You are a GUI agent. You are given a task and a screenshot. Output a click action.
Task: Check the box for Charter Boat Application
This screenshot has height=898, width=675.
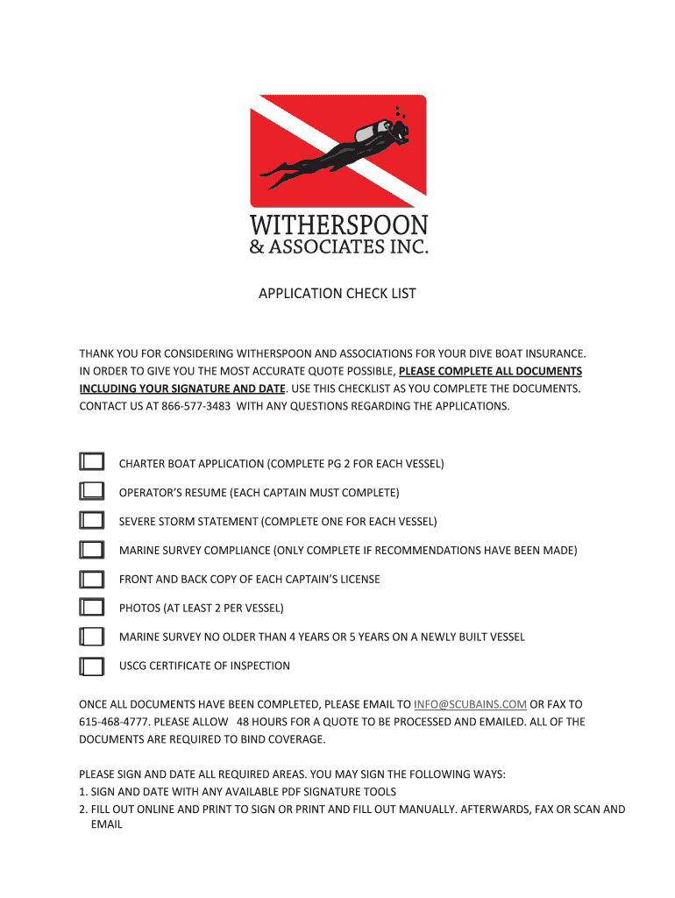point(91,462)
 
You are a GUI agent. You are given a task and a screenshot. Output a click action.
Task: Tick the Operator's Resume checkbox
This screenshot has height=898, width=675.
point(91,491)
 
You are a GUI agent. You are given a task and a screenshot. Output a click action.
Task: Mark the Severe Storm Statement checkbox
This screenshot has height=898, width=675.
point(91,521)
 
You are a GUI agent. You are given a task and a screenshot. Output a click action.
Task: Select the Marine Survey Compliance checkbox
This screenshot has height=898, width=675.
point(91,550)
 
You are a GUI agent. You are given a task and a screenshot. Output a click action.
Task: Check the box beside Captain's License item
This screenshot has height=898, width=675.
point(91,579)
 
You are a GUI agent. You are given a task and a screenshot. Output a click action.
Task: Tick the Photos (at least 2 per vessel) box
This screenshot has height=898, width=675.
point(91,607)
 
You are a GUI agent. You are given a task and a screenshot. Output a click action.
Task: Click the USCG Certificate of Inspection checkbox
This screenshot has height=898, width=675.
point(91,666)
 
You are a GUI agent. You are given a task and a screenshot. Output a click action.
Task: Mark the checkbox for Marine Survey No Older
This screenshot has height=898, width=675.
point(91,637)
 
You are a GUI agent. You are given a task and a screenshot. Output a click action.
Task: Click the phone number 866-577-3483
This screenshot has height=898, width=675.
point(195,405)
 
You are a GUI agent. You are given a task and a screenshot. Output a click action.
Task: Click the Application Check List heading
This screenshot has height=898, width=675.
point(337,294)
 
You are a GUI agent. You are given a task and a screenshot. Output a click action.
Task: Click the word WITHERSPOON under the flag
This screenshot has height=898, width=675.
point(338,224)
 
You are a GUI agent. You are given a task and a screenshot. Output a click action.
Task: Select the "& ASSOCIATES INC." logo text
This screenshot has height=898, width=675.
point(338,246)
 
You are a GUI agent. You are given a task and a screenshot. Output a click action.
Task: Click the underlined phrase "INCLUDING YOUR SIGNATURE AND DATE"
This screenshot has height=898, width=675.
point(182,388)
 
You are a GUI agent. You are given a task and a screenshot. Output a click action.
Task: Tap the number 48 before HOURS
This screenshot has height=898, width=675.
point(245,722)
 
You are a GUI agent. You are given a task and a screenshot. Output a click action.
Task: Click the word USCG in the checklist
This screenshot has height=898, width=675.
point(134,666)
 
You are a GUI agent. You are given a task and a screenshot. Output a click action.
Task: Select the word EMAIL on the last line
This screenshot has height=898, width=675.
point(106,824)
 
